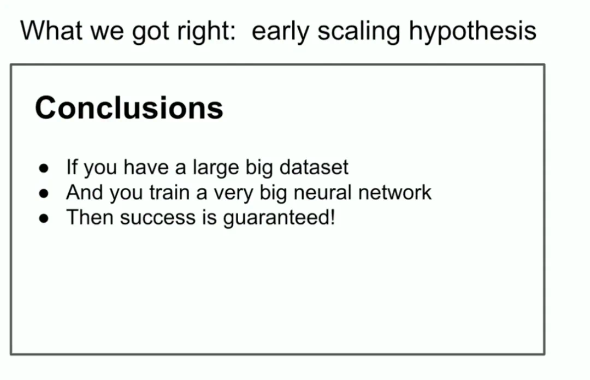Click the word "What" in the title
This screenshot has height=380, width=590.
point(51,31)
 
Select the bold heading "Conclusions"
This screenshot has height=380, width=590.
point(129,108)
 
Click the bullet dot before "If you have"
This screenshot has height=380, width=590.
point(44,168)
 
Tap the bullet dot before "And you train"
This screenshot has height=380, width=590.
point(44,193)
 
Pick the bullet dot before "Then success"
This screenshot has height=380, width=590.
point(44,218)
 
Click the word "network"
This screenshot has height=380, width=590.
point(395,192)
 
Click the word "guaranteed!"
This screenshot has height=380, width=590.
point(279,219)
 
